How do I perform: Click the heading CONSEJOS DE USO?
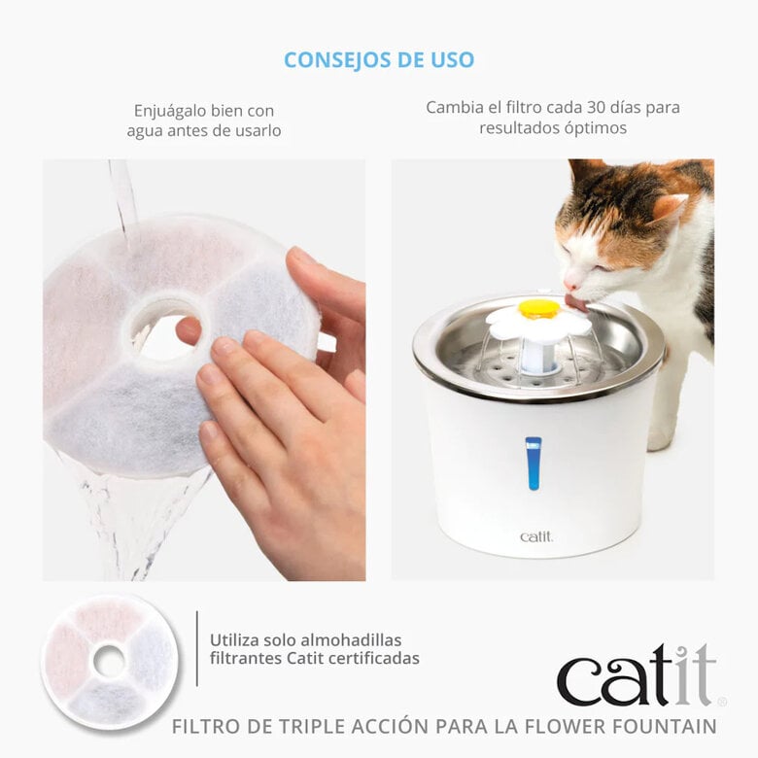[379, 60]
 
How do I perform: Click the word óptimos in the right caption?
[595, 128]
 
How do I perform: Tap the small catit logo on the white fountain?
[535, 536]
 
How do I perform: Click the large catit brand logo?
[637, 676]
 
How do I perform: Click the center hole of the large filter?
[165, 327]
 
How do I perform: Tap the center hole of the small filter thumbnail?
[109, 662]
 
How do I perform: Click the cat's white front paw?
[661, 436]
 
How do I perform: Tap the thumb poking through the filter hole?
[189, 330]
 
